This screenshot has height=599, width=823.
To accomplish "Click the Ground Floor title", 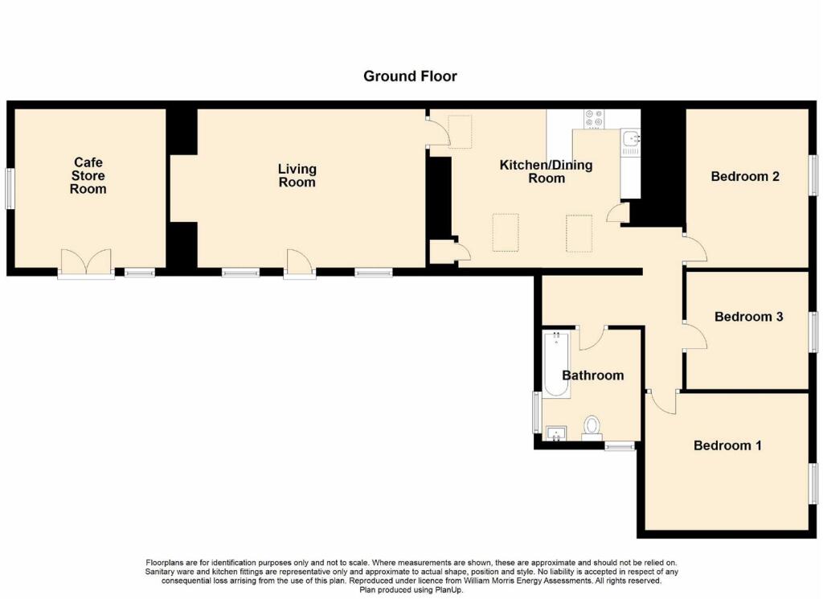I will [x=410, y=76].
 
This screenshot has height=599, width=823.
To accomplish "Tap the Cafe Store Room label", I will [x=88, y=176].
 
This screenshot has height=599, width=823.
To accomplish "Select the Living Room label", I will [x=297, y=175].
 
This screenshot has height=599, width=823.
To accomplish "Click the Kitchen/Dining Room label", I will [x=546, y=171].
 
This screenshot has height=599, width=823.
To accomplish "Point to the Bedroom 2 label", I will [x=745, y=176].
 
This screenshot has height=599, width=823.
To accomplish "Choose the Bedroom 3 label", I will [x=748, y=317].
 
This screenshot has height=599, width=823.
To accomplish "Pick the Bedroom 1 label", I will [x=727, y=445].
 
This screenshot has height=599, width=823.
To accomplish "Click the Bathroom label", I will [x=592, y=375].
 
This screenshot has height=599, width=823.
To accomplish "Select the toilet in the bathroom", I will [x=592, y=425].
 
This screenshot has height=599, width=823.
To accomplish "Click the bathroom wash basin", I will [x=555, y=434].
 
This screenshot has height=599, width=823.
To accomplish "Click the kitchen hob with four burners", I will [x=594, y=118].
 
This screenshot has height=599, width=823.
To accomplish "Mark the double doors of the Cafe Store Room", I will [x=85, y=263].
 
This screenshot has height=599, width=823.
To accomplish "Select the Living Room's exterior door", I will [x=299, y=263].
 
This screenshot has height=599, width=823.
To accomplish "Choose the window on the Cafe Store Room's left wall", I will [x=10, y=188].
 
